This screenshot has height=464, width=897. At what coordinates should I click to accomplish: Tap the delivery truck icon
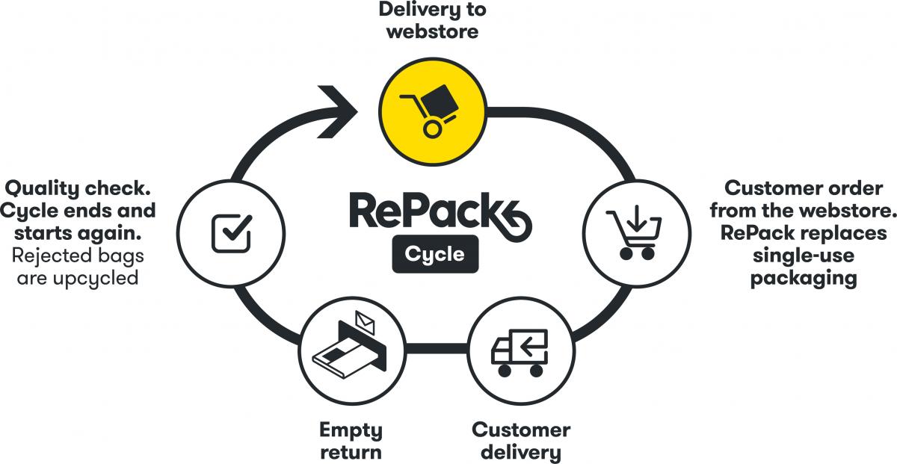point(519,352)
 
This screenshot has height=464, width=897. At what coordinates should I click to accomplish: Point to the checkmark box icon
point(231,232)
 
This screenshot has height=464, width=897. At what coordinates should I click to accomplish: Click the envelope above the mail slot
point(366,321)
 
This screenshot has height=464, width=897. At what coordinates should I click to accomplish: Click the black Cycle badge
point(434,254)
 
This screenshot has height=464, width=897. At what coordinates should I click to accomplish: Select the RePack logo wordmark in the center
point(437,211)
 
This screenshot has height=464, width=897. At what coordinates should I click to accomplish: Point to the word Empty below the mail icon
point(351,430)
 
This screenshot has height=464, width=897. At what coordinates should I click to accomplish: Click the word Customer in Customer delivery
point(521,430)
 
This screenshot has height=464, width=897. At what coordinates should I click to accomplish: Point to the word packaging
point(804,278)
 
